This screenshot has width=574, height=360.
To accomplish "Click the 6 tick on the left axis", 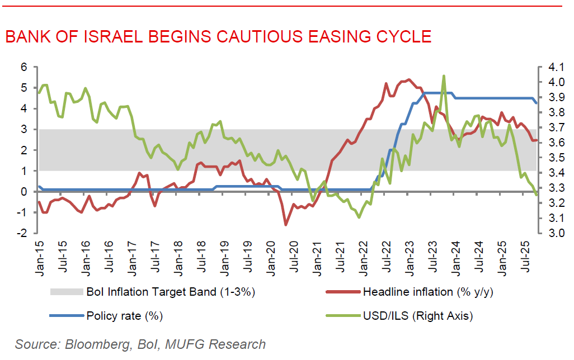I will (x=23, y=67).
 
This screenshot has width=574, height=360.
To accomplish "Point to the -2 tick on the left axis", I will (x=22, y=233).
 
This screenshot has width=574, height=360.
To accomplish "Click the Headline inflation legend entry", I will (x=428, y=292).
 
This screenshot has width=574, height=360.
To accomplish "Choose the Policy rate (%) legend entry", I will (x=124, y=316).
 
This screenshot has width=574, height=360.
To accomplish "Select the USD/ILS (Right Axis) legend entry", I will (x=417, y=316).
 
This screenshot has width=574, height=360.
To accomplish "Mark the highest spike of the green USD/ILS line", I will (x=444, y=75).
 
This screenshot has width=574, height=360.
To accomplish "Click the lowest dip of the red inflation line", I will (x=286, y=225).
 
